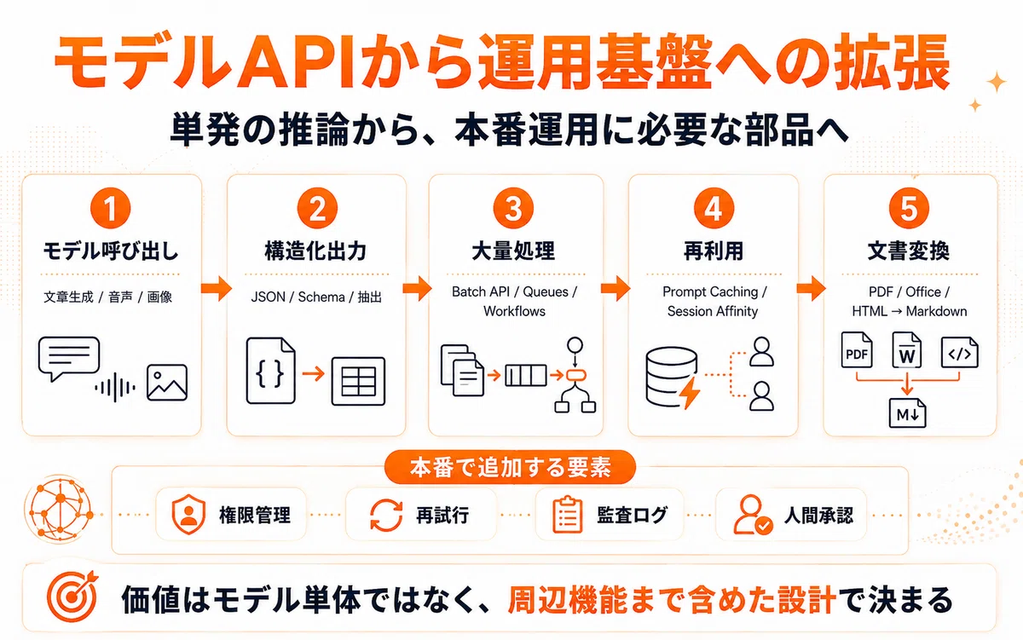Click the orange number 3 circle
[x=513, y=208]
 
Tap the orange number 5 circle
[x=909, y=208]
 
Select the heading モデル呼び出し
[x=111, y=251]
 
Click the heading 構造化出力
[x=316, y=251]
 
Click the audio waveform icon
[x=115, y=388]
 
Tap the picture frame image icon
[x=167, y=383]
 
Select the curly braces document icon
[x=270, y=371]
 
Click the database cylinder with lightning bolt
[x=673, y=378]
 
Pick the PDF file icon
[x=857, y=350]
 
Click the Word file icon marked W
[x=907, y=350]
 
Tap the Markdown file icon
[x=907, y=413]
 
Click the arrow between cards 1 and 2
[x=216, y=288]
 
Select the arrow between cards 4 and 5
[x=811, y=288]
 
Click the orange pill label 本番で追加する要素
[x=510, y=468]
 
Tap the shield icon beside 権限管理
[x=188, y=515]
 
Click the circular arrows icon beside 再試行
[x=386, y=515]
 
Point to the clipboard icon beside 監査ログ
[x=567, y=515]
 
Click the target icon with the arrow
[x=72, y=596]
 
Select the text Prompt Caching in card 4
[x=710, y=291]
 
